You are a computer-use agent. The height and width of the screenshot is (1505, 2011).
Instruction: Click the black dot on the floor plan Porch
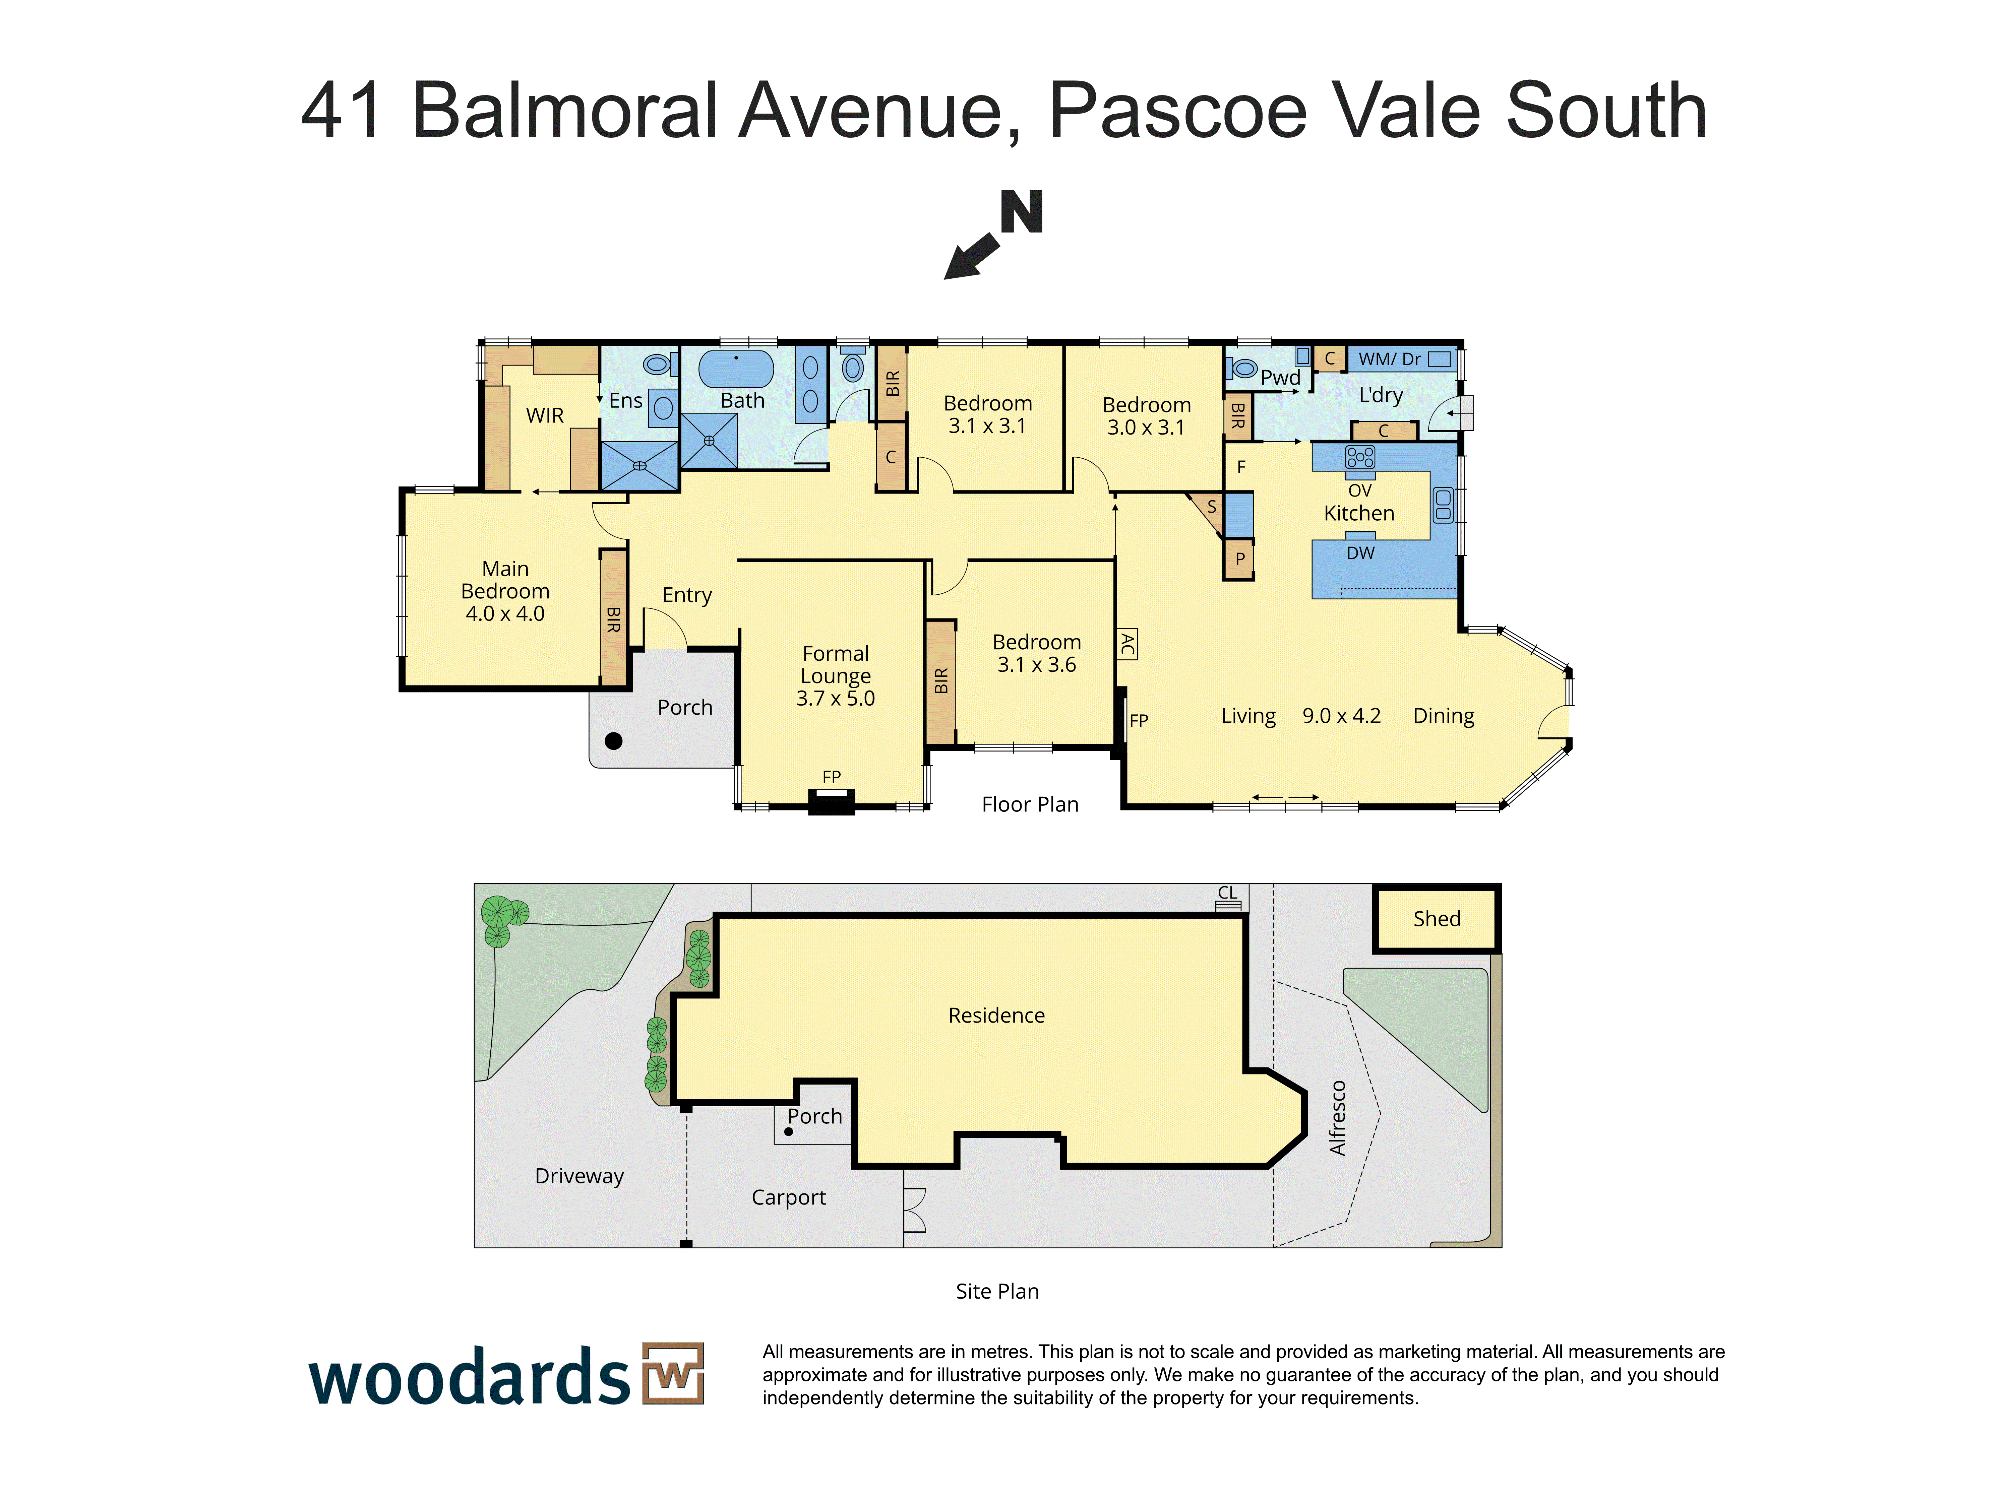tap(614, 741)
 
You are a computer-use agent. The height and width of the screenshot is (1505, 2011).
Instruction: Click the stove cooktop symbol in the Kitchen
tap(1360, 457)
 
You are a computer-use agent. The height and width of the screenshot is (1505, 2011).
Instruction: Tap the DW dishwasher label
tap(1360, 552)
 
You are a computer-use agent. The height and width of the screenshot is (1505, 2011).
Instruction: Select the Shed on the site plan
tap(1437, 919)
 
